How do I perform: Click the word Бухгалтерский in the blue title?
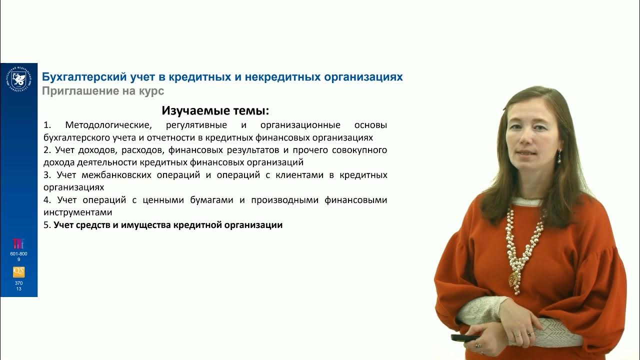coord(79,77)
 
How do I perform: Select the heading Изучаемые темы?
coord(215,110)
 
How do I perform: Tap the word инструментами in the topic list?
coord(77,212)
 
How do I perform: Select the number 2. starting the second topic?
coord(47,150)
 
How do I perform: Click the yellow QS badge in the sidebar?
coord(18,272)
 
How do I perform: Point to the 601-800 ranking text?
coord(18,254)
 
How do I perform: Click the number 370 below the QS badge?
coord(18,283)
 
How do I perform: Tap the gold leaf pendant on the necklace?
coord(514,278)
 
